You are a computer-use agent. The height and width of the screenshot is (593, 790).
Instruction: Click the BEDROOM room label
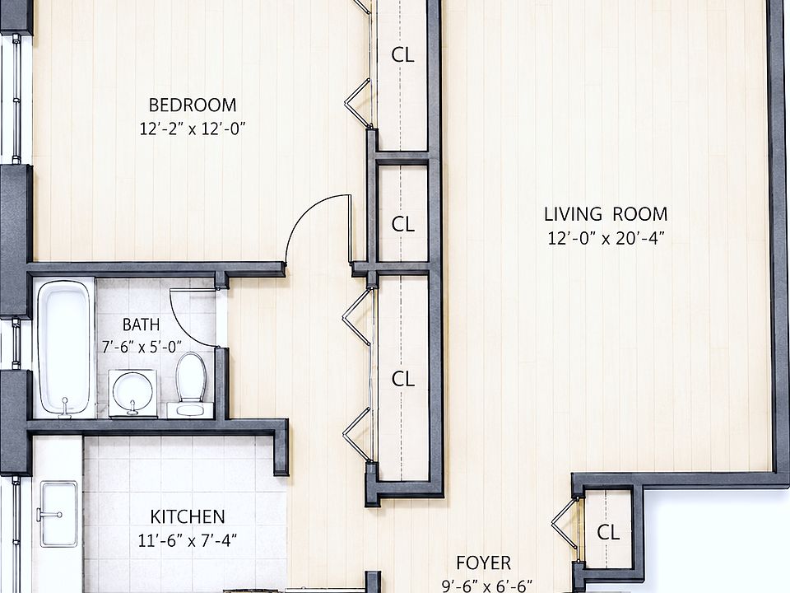point(193,105)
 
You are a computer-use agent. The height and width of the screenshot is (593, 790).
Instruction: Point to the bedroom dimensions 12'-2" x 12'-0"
point(193,128)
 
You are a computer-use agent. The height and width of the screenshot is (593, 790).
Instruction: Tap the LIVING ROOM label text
point(606,214)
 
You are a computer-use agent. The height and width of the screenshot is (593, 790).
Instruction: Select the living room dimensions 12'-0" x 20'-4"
point(606,237)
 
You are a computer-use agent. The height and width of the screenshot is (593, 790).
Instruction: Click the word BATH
point(141,325)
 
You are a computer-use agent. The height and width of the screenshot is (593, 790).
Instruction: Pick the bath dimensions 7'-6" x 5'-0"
point(142,347)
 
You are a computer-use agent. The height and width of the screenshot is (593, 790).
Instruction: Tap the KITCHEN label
point(188,517)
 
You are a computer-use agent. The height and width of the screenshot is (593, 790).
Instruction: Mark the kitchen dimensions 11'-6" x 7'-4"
point(188,540)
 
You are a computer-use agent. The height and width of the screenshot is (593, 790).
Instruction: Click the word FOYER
point(484,563)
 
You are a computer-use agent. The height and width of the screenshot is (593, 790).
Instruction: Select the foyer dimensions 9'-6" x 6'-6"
point(486,586)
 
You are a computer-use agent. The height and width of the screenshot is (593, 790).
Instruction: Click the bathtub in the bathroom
point(64,348)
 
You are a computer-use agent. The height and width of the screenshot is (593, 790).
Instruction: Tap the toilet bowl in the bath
point(191,377)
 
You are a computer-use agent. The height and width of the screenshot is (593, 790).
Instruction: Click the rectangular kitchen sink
point(58,514)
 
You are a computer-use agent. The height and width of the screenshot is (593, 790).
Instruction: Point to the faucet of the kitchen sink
point(49,515)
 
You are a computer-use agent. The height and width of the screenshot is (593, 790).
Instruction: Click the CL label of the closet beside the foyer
point(608,533)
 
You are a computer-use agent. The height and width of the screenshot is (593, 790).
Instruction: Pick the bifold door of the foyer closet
point(565,525)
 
